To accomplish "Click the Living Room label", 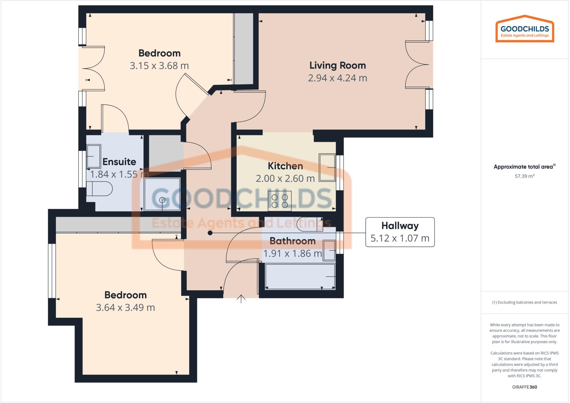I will click(x=337, y=65).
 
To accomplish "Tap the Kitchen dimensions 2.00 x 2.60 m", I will click(x=285, y=179).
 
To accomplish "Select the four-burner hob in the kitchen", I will click(x=279, y=201).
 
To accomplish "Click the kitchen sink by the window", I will click(x=327, y=167).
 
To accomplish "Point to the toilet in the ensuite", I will click(x=99, y=189).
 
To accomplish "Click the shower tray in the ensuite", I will click(x=162, y=194).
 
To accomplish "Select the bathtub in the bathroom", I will click(x=300, y=277).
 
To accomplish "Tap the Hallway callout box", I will click(x=400, y=232).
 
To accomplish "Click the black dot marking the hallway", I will click(x=210, y=233).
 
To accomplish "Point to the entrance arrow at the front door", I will click(x=241, y=299).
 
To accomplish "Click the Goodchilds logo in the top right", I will click(x=525, y=29).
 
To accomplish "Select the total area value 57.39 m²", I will click(x=524, y=176).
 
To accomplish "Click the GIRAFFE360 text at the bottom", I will click(x=524, y=387).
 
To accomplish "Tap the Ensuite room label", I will click(x=119, y=162).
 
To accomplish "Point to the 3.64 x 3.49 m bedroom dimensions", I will click(x=125, y=307).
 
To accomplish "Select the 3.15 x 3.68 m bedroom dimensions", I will click(x=159, y=66).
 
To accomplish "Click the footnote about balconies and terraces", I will click(x=524, y=302).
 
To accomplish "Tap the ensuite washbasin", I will click(x=94, y=156).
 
